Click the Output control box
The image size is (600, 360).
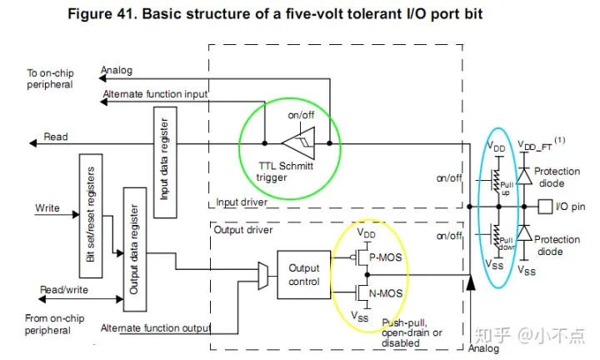point(303,274)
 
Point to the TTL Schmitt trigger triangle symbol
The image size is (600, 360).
point(297,143)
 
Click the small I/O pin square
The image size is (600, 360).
point(545,205)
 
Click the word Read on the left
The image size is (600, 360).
point(56,137)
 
